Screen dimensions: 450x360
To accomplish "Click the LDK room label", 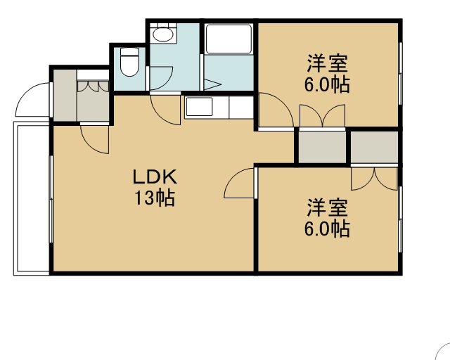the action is (x=155, y=177).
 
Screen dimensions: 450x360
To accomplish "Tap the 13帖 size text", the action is (x=155, y=198).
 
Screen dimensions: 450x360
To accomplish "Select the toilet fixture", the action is (x=129, y=62).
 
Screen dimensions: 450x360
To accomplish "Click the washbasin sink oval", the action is (x=162, y=34).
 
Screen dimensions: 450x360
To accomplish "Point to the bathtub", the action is (x=229, y=39).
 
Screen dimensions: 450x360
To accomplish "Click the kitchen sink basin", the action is (x=199, y=106).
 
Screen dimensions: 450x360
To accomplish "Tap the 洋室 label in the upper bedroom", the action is (x=327, y=63).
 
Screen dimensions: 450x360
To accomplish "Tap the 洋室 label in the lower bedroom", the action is (x=327, y=207).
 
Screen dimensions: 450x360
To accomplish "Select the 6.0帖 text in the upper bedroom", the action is (x=327, y=84).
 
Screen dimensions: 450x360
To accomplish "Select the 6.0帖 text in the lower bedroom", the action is (x=327, y=229).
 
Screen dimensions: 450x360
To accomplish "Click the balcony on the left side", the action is (x=31, y=198).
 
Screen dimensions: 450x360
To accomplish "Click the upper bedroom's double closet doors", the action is (x=323, y=115).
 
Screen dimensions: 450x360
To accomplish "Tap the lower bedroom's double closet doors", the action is (x=374, y=179).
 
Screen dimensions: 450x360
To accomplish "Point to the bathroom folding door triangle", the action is (x=212, y=84).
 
